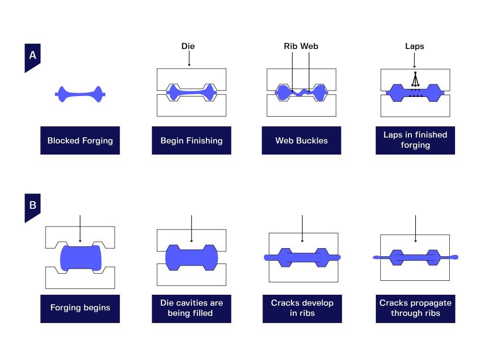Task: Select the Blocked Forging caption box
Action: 80,141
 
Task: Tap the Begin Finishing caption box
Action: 192,141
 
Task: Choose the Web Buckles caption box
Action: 301,141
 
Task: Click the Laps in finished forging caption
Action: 415,140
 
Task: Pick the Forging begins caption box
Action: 80,308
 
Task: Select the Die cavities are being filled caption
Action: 192,308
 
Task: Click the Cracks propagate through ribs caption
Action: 415,308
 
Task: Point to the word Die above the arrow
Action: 188,47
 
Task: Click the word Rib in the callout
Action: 291,47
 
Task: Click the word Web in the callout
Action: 309,47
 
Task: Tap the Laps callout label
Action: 415,47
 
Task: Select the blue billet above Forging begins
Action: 81,258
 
